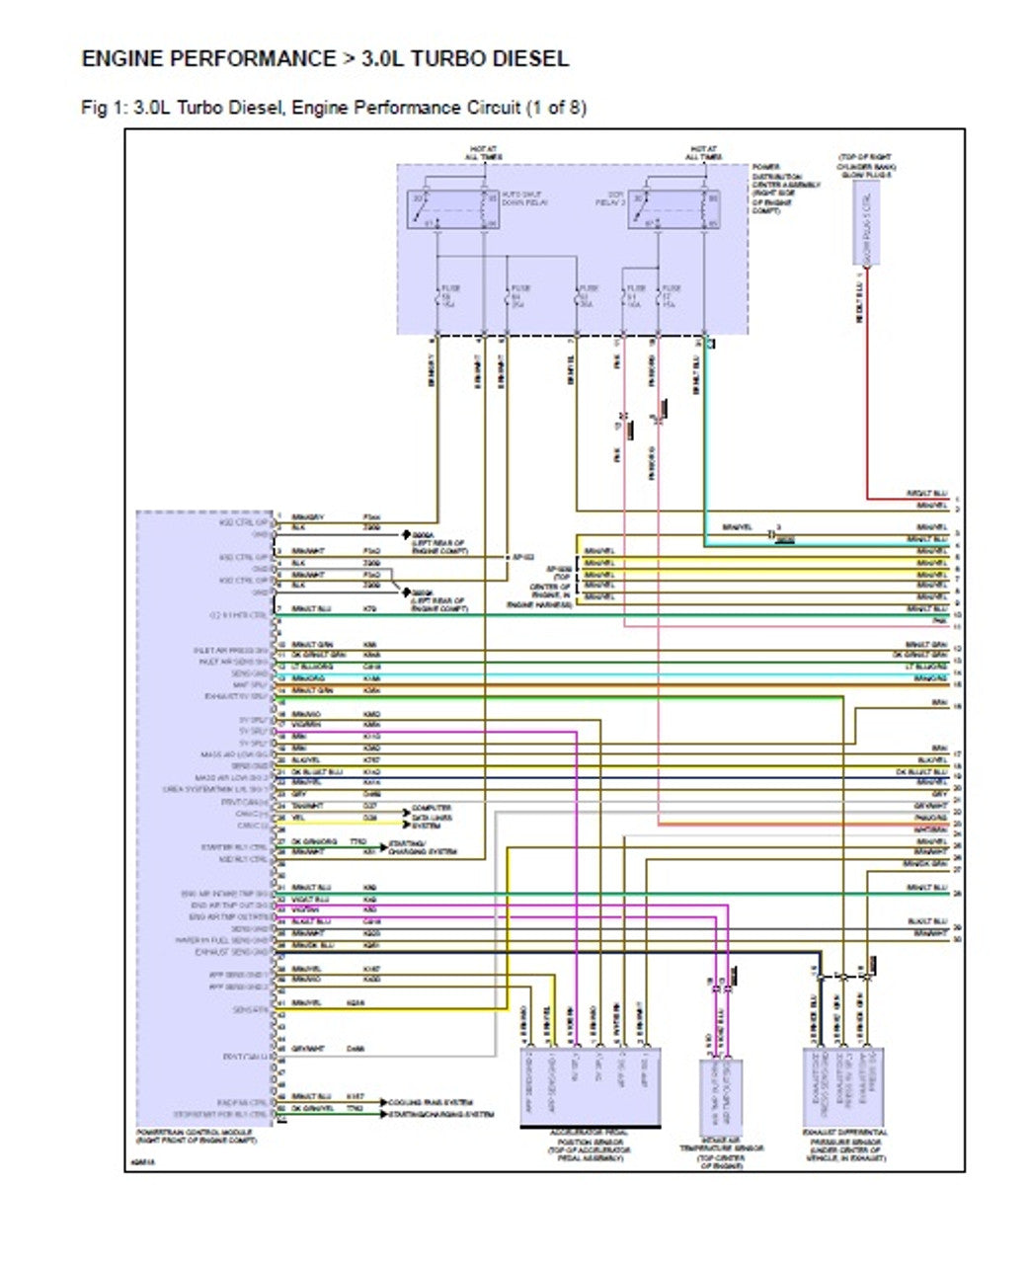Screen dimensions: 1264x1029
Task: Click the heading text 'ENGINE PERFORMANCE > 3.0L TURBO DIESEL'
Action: coord(325,59)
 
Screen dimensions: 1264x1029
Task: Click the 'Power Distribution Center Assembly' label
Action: coord(775,188)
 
